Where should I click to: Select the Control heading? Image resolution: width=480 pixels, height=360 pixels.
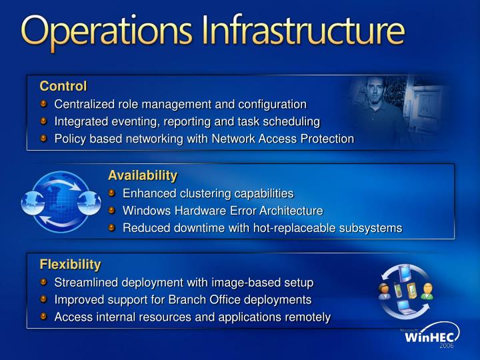coord(63,86)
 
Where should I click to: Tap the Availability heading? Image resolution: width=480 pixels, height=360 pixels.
coord(143,176)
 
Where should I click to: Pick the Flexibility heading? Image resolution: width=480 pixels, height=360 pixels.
coord(70,264)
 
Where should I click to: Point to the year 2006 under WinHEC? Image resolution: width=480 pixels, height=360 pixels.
coord(446,347)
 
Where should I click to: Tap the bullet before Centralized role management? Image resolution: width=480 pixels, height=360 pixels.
coord(44,104)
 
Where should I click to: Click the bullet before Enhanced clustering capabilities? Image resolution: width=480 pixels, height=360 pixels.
coord(113,193)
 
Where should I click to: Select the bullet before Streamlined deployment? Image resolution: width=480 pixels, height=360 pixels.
coord(44,282)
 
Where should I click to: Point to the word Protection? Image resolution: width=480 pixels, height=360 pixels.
coord(327,139)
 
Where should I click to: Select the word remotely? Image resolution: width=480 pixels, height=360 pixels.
coord(306,317)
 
